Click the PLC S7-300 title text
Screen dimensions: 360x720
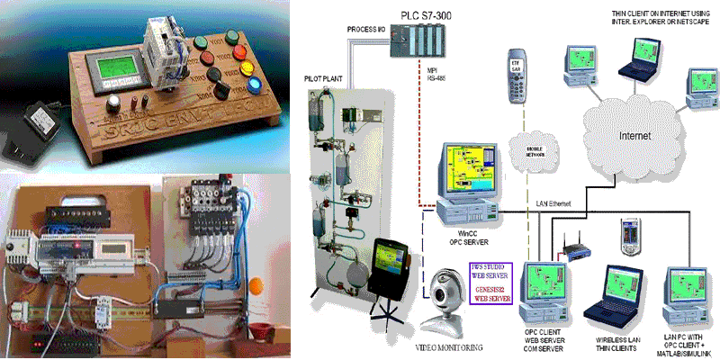click(430, 12)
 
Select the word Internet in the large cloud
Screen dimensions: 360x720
click(634, 135)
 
